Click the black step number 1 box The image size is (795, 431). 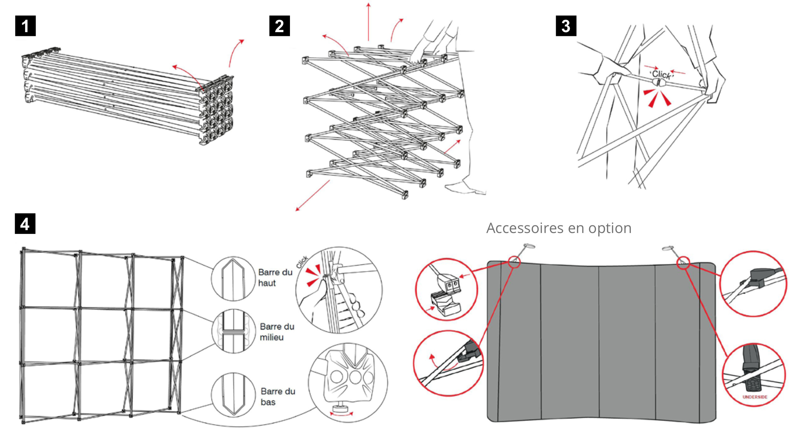(25, 26)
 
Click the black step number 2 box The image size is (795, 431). (279, 26)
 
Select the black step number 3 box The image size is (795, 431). (566, 26)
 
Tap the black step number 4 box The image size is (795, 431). (25, 224)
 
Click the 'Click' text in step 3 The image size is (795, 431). (661, 74)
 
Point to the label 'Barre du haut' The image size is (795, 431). (275, 278)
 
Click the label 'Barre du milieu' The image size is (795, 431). (277, 332)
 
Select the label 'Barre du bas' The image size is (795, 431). (278, 396)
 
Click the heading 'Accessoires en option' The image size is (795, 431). (559, 228)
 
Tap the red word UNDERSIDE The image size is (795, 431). (755, 397)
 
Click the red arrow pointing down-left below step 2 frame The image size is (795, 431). (312, 196)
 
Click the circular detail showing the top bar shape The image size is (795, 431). (233, 279)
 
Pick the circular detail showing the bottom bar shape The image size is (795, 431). (233, 395)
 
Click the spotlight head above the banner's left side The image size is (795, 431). (529, 246)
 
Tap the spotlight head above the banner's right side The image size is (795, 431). (668, 248)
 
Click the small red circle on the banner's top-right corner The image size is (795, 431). (683, 263)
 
